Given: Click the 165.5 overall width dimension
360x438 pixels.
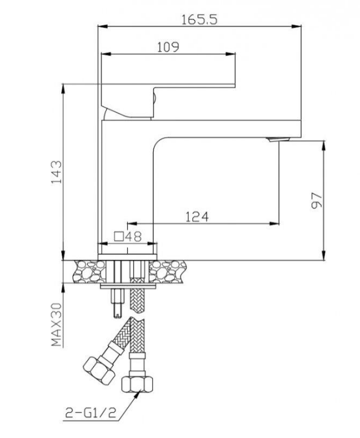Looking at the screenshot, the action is (x=199, y=20).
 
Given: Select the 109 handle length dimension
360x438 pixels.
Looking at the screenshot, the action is (x=168, y=47).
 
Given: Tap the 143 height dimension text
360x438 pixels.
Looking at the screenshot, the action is (x=56, y=172).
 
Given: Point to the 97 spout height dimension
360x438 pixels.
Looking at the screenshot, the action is (x=316, y=200).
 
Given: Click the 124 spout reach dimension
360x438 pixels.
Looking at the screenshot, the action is (x=197, y=217).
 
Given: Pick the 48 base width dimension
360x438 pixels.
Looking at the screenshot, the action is (x=133, y=237).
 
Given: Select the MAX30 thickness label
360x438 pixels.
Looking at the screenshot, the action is (x=56, y=324).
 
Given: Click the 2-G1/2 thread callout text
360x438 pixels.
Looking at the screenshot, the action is (x=91, y=412).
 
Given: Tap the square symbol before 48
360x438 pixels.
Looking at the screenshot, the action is (x=119, y=237).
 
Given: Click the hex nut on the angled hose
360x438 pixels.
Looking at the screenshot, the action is (x=99, y=370).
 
